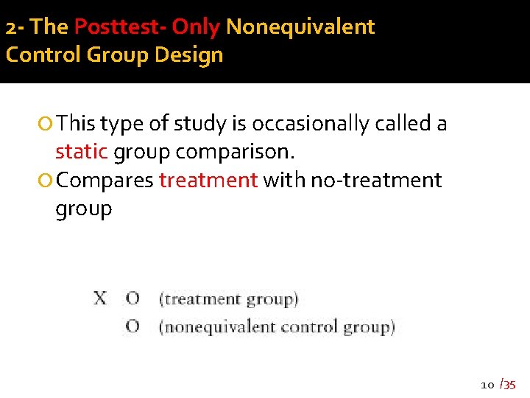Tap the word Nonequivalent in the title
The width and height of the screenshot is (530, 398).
300,27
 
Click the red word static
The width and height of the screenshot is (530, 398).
82,152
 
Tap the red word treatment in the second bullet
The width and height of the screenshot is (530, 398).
208,180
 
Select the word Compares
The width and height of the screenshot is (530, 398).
105,180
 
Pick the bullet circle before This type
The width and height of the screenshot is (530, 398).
47,125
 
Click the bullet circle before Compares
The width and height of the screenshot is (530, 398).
47,181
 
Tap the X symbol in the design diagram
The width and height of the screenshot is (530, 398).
99,298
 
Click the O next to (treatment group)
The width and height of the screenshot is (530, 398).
132,298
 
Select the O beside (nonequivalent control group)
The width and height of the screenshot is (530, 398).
132,327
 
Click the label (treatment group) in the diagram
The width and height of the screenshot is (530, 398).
229,299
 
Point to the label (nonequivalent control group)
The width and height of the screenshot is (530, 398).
277,327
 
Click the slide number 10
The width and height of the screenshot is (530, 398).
487,385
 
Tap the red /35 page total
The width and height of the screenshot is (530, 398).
508,384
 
